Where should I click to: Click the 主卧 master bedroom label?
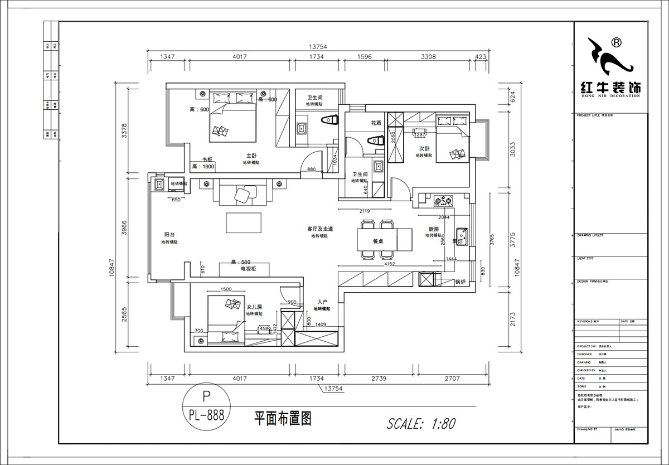point(251,156)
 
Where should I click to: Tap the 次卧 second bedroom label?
point(424,149)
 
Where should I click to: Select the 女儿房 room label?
point(254,307)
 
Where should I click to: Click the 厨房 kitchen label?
point(434,229)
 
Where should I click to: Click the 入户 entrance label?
point(322,302)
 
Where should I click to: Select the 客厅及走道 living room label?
point(319,229)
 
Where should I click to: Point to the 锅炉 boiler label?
point(460,282)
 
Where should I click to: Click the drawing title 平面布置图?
point(282,418)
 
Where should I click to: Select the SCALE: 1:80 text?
point(421,423)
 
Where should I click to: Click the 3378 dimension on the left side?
point(125,130)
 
